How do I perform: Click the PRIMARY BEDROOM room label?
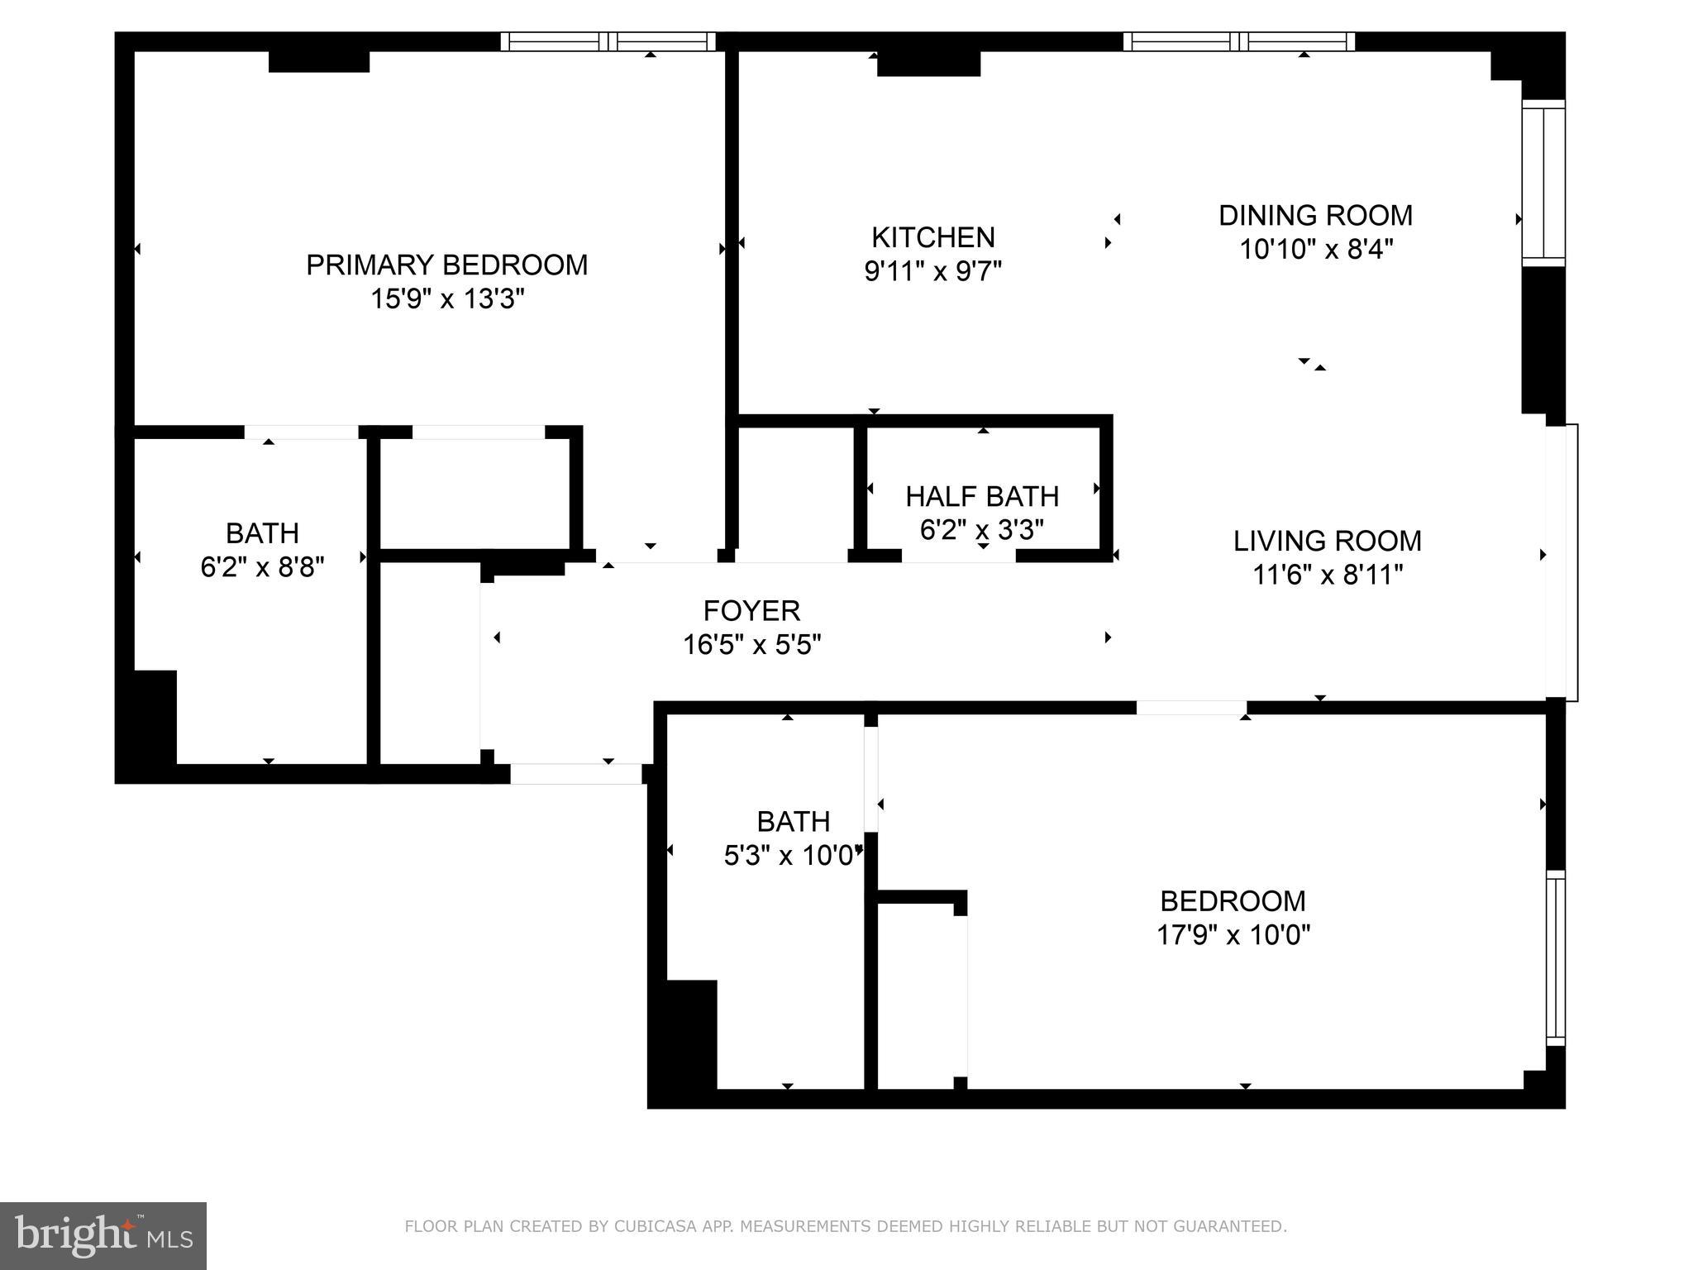coord(446,265)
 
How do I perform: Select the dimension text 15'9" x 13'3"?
coord(447,298)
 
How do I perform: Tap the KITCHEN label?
coord(932,237)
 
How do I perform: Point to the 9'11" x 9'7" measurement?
coord(932,271)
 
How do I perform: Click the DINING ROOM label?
coord(1315,215)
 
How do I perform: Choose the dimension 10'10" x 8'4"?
coord(1316,249)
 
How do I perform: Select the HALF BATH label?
coord(982,496)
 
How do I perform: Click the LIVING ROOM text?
coord(1327,541)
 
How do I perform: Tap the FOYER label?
coord(751,610)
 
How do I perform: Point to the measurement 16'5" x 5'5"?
coord(751,644)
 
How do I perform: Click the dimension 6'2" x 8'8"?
coord(262,567)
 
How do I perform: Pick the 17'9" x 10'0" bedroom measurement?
coord(1233,935)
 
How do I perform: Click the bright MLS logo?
coord(103,1236)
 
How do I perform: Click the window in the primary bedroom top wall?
coord(608,41)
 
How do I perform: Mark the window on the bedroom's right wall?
coord(1555,958)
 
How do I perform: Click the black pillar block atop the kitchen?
coord(928,64)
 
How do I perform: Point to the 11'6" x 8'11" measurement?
coord(1328,575)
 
